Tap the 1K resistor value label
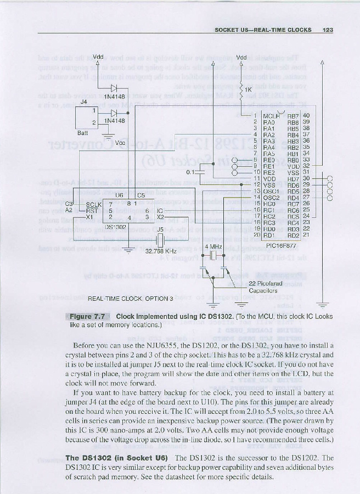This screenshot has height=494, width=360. click(x=248, y=89)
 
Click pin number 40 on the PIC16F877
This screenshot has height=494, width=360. click(x=306, y=116)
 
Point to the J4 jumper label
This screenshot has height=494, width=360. click(x=84, y=102)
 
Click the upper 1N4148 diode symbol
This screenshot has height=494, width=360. click(x=114, y=87)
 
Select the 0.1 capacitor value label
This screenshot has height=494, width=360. click(x=190, y=172)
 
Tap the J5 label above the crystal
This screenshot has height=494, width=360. click(x=160, y=229)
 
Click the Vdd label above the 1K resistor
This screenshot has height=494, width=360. click(x=241, y=57)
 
